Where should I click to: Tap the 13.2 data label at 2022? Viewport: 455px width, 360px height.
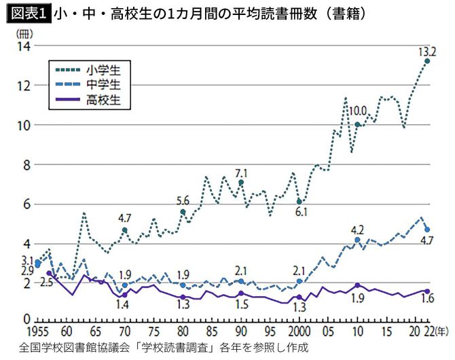pyautogui.click(x=427, y=50)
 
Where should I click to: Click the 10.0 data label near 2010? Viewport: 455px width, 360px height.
pyautogui.click(x=357, y=111)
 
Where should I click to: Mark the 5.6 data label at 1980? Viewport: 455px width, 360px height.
pyautogui.click(x=183, y=200)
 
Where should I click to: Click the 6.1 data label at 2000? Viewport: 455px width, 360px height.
pyautogui.click(x=301, y=213)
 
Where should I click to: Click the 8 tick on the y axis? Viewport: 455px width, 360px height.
pyautogui.click(x=25, y=165)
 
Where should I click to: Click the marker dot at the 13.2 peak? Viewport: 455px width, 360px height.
pyautogui.click(x=427, y=61)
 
